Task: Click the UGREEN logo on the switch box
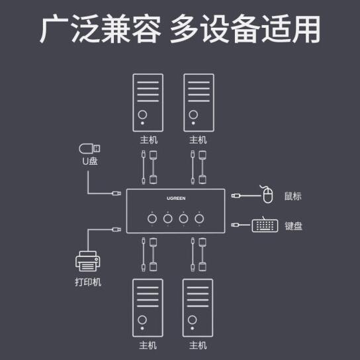176,198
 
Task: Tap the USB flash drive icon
89,148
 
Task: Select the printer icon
88,261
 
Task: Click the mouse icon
267,195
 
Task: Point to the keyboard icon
265,226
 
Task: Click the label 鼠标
292,197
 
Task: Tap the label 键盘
293,226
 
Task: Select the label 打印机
88,282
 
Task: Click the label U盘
90,161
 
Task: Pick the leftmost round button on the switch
152,218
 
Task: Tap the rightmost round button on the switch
199,218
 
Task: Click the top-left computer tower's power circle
142,114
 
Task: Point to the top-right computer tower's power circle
193,114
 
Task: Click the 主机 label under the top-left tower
149,140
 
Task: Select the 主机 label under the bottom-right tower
198,345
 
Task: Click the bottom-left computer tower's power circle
142,320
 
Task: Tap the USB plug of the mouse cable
236,196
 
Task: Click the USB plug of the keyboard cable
236,225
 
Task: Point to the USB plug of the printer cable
116,230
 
